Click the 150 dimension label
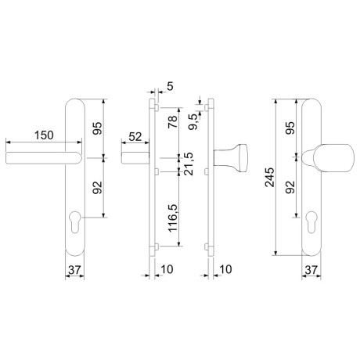[x=44, y=135]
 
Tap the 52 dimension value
[x=135, y=137]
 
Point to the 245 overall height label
[x=270, y=178]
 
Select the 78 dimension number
[x=173, y=121]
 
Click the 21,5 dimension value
[x=189, y=164]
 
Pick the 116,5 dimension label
[x=173, y=218]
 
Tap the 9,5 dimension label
[x=194, y=122]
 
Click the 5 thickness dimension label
[x=170, y=86]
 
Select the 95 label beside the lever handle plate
[x=98, y=128]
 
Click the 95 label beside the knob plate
[x=290, y=128]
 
